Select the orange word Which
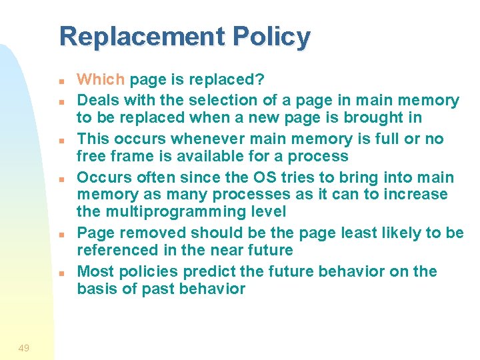[101, 80]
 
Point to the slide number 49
[23, 348]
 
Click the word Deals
[97, 101]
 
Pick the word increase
[416, 195]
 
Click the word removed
[148, 233]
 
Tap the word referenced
[118, 251]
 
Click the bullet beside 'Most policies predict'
[60, 273]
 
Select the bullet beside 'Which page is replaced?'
[60, 81]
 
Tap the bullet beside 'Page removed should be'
[60, 235]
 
